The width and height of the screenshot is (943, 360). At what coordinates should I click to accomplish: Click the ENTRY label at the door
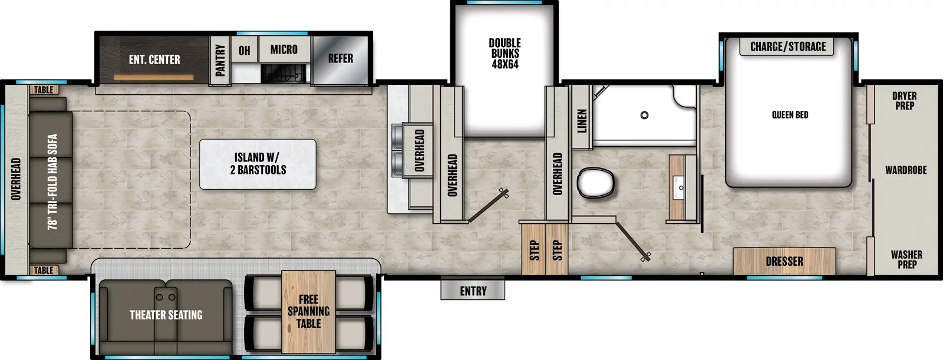click(x=473, y=291)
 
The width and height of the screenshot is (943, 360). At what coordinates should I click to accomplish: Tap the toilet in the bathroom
click(x=596, y=183)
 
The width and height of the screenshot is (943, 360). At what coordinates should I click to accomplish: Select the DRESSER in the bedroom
click(x=784, y=262)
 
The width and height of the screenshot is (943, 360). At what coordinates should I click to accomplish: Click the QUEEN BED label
click(x=790, y=115)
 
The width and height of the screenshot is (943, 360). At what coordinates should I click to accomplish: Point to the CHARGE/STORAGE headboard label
click(x=787, y=47)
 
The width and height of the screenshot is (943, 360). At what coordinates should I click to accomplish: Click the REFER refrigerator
click(x=340, y=59)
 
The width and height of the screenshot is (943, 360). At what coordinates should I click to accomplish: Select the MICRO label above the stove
click(x=283, y=50)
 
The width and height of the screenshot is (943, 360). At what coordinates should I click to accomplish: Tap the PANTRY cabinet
click(x=220, y=60)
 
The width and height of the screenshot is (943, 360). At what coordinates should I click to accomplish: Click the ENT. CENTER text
click(x=154, y=60)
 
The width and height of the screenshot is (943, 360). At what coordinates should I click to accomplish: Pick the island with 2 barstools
click(x=258, y=164)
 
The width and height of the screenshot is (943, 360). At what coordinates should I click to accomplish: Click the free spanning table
click(x=308, y=312)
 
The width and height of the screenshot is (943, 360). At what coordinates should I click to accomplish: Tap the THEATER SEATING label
click(x=166, y=315)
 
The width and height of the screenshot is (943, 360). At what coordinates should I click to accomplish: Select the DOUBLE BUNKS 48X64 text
click(x=505, y=54)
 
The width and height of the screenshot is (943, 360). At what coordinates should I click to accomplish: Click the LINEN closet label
click(x=582, y=121)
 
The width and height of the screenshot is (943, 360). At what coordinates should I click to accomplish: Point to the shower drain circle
click(x=644, y=115)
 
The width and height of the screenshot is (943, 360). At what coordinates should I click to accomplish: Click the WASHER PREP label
click(x=906, y=259)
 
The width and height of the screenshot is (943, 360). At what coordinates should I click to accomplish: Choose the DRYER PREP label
click(x=904, y=101)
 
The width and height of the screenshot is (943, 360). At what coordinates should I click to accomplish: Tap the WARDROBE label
click(x=905, y=170)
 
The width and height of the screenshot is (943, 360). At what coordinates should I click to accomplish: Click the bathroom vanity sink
click(x=681, y=188)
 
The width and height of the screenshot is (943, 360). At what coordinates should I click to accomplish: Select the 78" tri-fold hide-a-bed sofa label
click(x=52, y=181)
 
